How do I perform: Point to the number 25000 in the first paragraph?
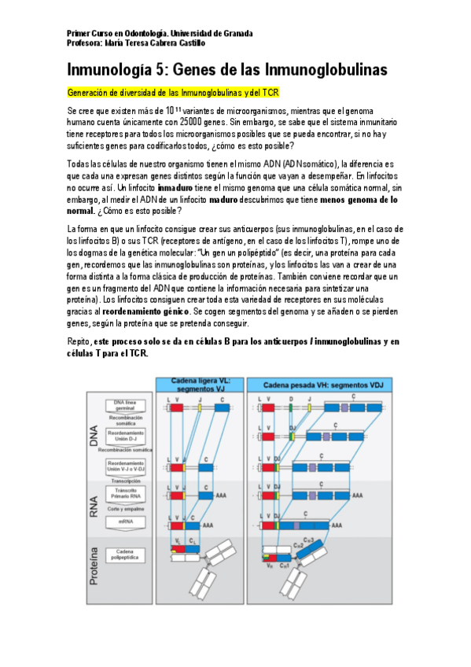(x=193, y=123)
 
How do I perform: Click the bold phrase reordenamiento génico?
(x=224, y=312)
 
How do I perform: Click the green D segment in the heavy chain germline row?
(x=290, y=409)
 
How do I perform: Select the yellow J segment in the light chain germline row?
(x=200, y=409)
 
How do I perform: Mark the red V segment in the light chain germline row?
(x=177, y=409)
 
